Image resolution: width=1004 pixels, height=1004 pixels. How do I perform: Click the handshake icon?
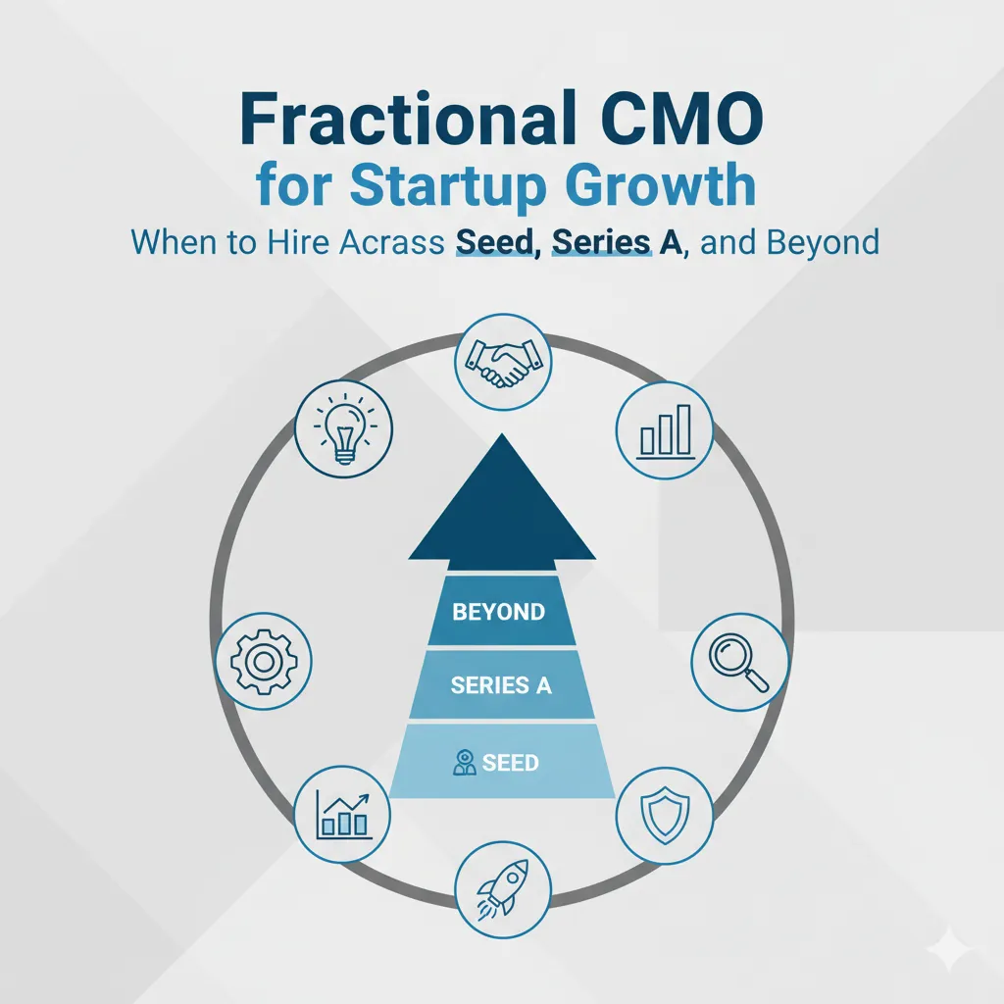(x=503, y=363)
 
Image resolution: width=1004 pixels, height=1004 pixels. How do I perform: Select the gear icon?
(x=264, y=661)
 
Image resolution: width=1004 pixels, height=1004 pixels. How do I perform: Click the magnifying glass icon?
(x=739, y=662)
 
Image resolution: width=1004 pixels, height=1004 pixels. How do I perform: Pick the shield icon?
(x=665, y=816)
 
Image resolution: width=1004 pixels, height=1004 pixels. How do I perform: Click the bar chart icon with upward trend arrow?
(x=342, y=815)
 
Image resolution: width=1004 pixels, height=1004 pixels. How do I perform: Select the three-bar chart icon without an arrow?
(x=665, y=430)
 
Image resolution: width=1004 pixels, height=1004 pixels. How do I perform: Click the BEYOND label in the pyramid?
(x=499, y=612)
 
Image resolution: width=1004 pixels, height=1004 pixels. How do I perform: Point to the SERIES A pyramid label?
(x=501, y=685)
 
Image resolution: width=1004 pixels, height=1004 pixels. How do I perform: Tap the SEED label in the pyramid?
(x=510, y=763)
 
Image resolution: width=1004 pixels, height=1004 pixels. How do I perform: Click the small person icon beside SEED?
(x=464, y=763)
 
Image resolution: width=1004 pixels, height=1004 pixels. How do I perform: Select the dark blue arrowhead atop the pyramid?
(x=502, y=502)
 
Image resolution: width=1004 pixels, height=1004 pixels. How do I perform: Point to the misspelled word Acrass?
(x=391, y=243)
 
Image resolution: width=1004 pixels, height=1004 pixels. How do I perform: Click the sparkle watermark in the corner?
(x=951, y=951)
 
